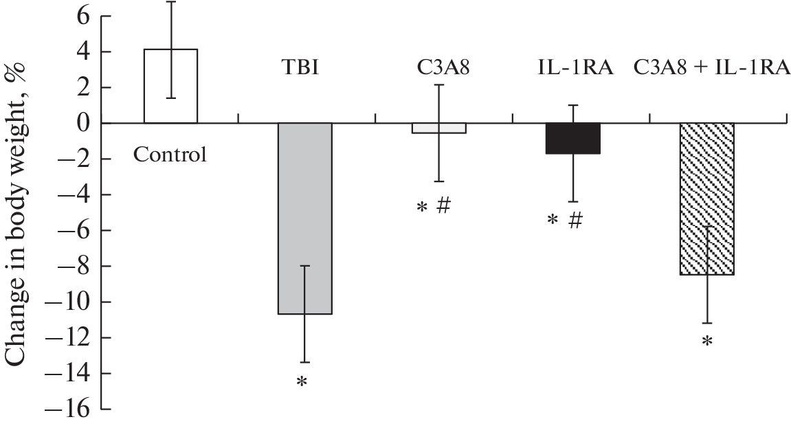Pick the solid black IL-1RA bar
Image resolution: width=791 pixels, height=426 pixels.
click(x=573, y=138)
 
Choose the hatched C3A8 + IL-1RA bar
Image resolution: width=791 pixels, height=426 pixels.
click(x=707, y=199)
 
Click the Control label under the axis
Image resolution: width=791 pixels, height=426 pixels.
click(x=170, y=155)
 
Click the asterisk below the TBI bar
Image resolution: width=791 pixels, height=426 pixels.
click(x=301, y=382)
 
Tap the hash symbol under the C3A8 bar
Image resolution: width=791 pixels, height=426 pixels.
click(x=443, y=205)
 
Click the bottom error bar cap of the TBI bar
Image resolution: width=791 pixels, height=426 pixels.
click(x=304, y=362)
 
